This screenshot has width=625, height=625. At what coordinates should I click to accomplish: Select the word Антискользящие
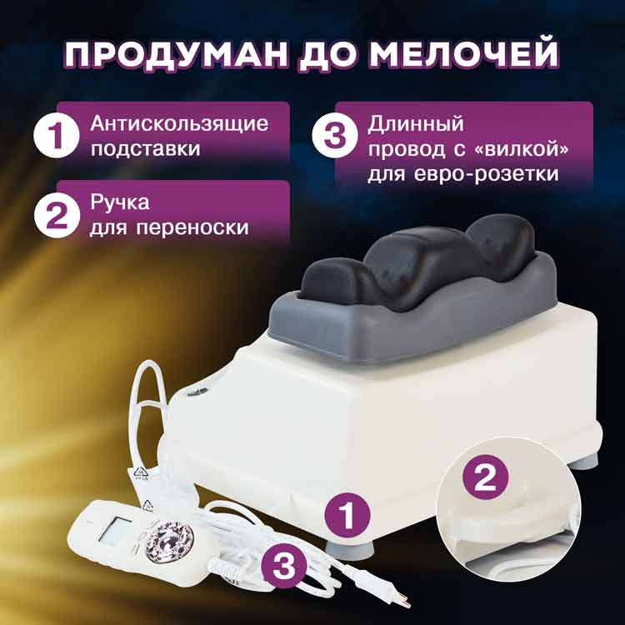179,124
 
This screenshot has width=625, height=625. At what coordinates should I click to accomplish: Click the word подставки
146,148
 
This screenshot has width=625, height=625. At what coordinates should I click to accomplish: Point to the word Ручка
120,202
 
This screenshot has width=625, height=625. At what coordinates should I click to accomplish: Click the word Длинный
416,123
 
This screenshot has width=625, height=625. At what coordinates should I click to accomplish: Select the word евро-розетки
487,174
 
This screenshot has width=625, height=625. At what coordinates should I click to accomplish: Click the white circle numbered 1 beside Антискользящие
57,136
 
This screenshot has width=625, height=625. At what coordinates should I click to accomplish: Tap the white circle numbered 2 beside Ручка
57,215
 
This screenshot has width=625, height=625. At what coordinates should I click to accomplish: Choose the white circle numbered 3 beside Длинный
335,136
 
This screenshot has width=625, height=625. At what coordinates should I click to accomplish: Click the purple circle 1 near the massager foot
347,516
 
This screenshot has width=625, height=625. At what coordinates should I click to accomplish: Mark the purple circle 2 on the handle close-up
485,477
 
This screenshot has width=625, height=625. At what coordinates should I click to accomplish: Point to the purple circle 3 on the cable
284,566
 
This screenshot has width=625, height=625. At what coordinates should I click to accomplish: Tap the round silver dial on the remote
169,542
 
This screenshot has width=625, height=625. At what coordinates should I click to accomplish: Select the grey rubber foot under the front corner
350,549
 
